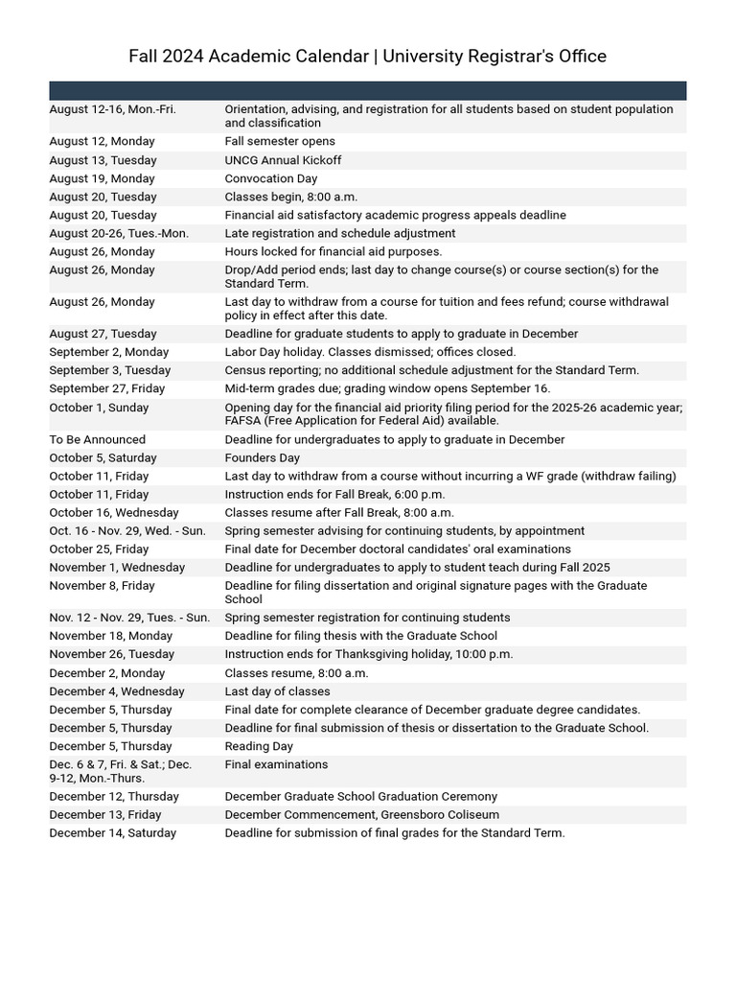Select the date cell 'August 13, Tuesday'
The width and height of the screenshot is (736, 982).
point(103,160)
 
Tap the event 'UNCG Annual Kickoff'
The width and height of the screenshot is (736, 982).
point(283,160)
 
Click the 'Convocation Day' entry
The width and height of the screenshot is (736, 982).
point(270,178)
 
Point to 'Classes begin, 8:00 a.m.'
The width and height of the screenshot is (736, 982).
point(291,197)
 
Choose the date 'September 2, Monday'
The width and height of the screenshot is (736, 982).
point(109,352)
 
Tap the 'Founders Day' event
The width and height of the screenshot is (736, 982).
point(258,457)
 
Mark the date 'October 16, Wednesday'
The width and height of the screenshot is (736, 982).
point(114,513)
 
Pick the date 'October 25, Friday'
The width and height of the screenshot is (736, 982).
point(99,549)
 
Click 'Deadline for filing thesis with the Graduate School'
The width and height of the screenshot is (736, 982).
point(360,636)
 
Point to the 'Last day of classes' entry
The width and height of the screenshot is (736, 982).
point(277,691)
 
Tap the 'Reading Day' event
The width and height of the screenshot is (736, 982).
point(259,746)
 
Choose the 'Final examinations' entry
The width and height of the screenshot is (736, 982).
point(276,764)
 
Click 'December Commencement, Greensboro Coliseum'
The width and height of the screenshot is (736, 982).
point(361,815)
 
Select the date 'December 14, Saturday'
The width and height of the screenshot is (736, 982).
point(112,833)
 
